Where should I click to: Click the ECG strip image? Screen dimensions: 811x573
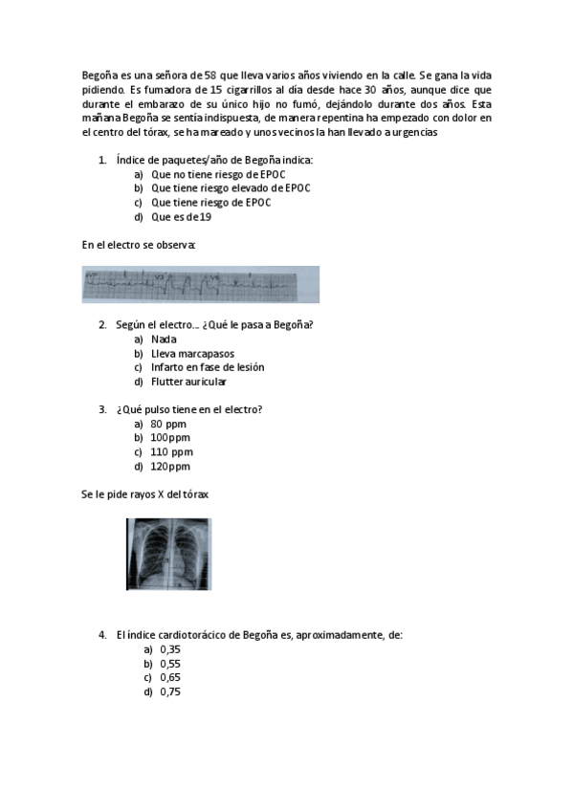tap(200, 284)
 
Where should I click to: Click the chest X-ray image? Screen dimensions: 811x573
tap(168, 554)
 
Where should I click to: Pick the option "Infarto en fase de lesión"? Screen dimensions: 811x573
tap(208, 367)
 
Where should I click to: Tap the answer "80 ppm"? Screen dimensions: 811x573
tap(168, 424)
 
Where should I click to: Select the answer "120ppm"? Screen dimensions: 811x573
tap(170, 467)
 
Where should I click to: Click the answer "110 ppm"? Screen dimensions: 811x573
tap(171, 452)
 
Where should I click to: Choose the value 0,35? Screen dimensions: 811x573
tap(170, 648)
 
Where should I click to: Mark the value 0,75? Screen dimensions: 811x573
tap(170, 691)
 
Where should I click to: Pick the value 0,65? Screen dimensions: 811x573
tap(170, 677)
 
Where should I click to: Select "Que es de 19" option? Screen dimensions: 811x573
tap(181, 217)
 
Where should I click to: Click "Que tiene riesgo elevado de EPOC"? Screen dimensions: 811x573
tap(231, 188)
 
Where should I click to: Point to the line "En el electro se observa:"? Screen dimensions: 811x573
tap(139, 245)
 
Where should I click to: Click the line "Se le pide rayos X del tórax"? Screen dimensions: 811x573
tap(145, 494)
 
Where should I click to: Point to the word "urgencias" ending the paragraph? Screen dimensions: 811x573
tap(416, 133)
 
